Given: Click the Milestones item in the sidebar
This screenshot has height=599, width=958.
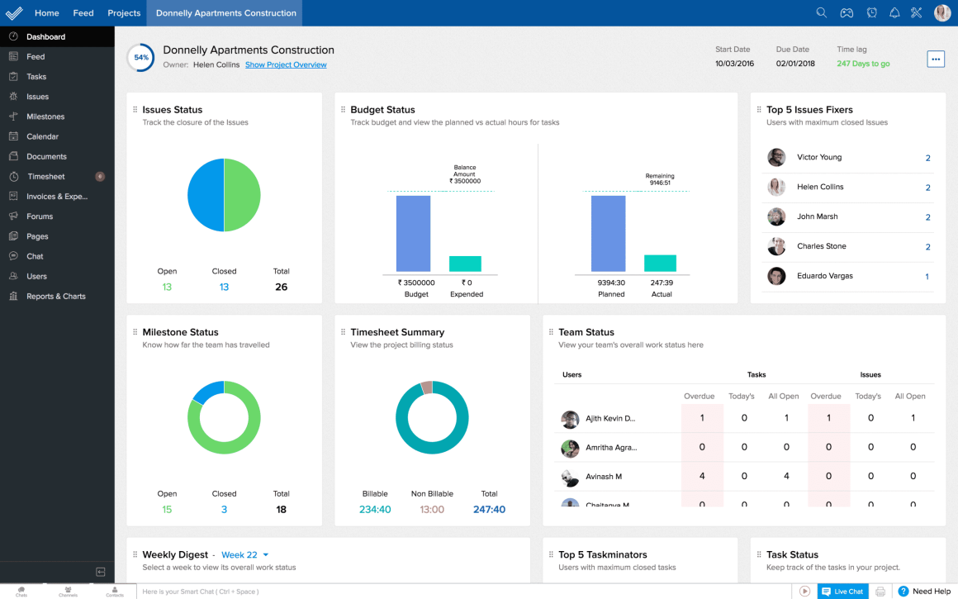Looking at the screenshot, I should coord(45,116).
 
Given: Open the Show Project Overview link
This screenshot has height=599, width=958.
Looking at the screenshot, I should coord(286,64).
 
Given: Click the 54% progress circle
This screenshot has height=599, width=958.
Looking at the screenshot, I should coord(140,58).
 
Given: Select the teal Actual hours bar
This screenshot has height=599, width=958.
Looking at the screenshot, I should coord(660,263).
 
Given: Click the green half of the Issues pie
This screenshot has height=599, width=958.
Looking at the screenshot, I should coord(242,195).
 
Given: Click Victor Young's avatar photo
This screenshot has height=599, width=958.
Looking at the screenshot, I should coord(776,157).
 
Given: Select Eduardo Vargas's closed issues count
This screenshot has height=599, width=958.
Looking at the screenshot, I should coord(927,277).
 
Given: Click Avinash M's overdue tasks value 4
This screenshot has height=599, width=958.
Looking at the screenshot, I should coord(702,477).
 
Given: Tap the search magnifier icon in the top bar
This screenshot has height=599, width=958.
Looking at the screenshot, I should coord(821,12).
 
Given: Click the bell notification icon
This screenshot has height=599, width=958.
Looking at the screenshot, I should coord(894,12).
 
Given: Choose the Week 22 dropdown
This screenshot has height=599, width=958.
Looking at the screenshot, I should coord(245,555).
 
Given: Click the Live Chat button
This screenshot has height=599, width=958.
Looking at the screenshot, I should coord(842,592).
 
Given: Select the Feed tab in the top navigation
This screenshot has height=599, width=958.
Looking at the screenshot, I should coord(83,13).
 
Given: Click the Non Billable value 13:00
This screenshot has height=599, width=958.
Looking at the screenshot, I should coord(432,510).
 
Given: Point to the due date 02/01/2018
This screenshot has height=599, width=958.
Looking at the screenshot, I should coord(795,64).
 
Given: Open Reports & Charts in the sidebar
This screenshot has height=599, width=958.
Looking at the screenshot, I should coord(55,297).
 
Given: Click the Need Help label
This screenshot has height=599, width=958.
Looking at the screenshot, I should coord(932,592).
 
